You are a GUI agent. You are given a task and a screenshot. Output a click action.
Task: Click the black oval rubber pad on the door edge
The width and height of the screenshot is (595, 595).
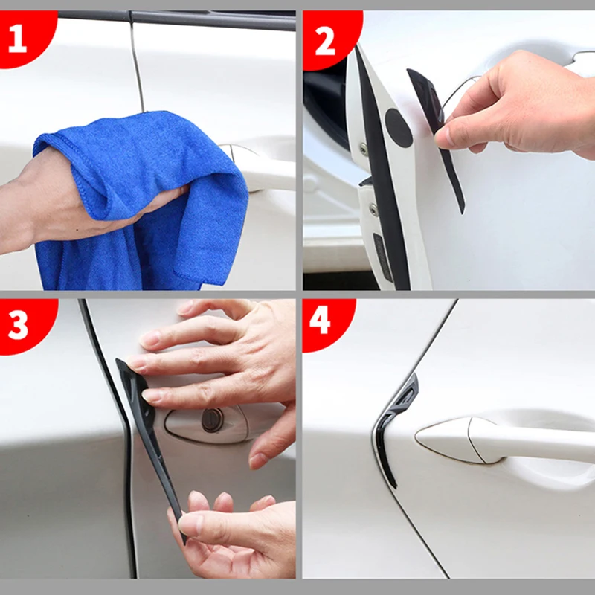[x=399, y=128]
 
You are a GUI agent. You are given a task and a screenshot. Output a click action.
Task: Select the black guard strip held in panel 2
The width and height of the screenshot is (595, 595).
[x=437, y=137]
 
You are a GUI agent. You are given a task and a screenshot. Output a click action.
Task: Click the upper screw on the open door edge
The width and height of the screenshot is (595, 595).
[x=364, y=149]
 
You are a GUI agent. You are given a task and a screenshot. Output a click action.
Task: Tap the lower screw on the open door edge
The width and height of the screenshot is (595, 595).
[x=374, y=210]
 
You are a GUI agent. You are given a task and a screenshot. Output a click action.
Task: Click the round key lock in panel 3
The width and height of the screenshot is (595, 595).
[x=212, y=420]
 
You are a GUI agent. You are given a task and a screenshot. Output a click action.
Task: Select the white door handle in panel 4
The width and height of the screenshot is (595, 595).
[x=505, y=440]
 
